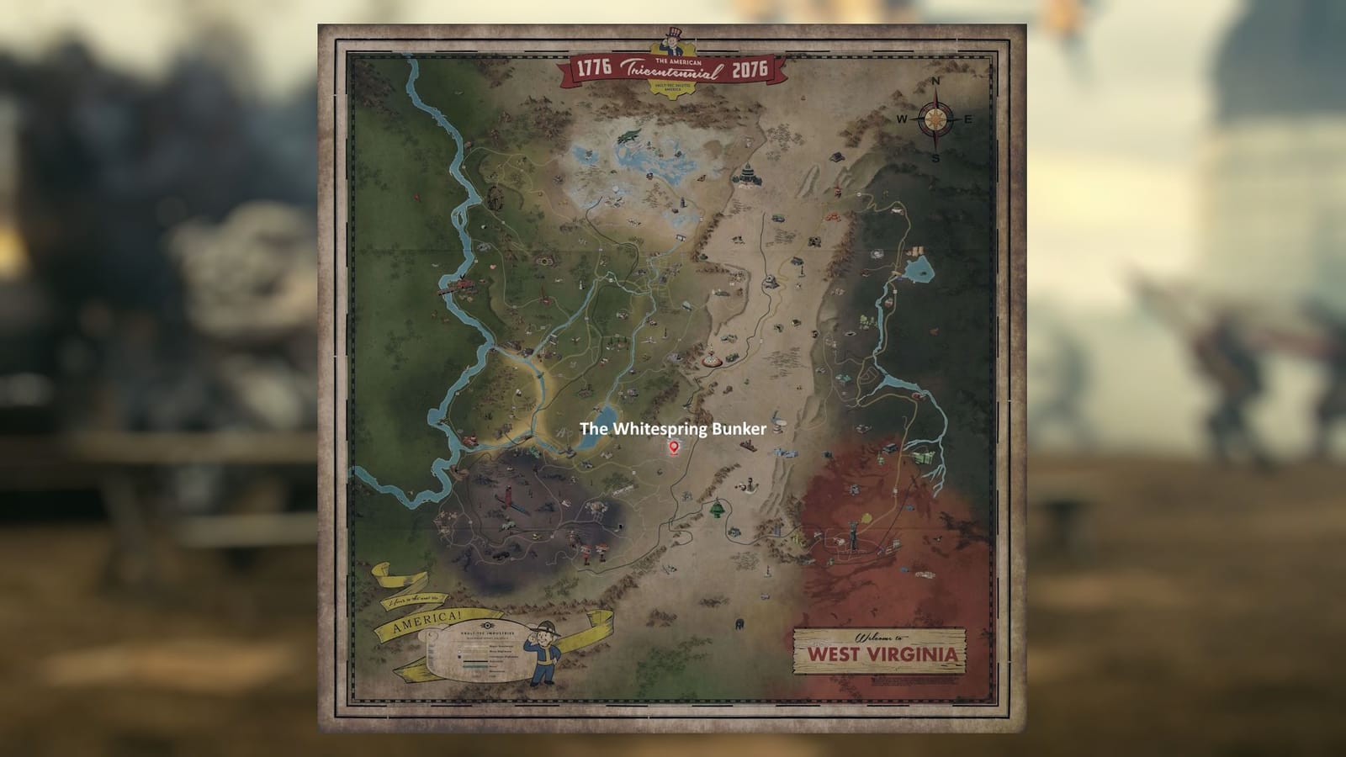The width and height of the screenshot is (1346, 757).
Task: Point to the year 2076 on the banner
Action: (x=750, y=69)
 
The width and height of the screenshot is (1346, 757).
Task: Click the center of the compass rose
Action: (x=934, y=119)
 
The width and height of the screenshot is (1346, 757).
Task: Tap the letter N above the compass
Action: (x=935, y=82)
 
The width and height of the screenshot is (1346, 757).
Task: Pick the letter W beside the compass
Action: (x=901, y=119)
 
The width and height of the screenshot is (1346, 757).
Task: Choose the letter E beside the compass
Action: (x=967, y=119)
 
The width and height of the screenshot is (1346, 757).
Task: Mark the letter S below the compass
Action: (x=935, y=157)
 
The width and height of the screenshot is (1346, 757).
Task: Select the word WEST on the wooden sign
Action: (x=834, y=654)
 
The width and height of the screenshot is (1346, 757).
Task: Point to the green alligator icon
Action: (x=628, y=135)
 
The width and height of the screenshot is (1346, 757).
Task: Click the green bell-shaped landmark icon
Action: (x=718, y=509)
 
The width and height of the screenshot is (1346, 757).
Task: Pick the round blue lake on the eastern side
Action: (x=918, y=269)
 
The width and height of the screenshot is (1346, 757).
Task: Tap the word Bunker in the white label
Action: (x=738, y=429)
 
